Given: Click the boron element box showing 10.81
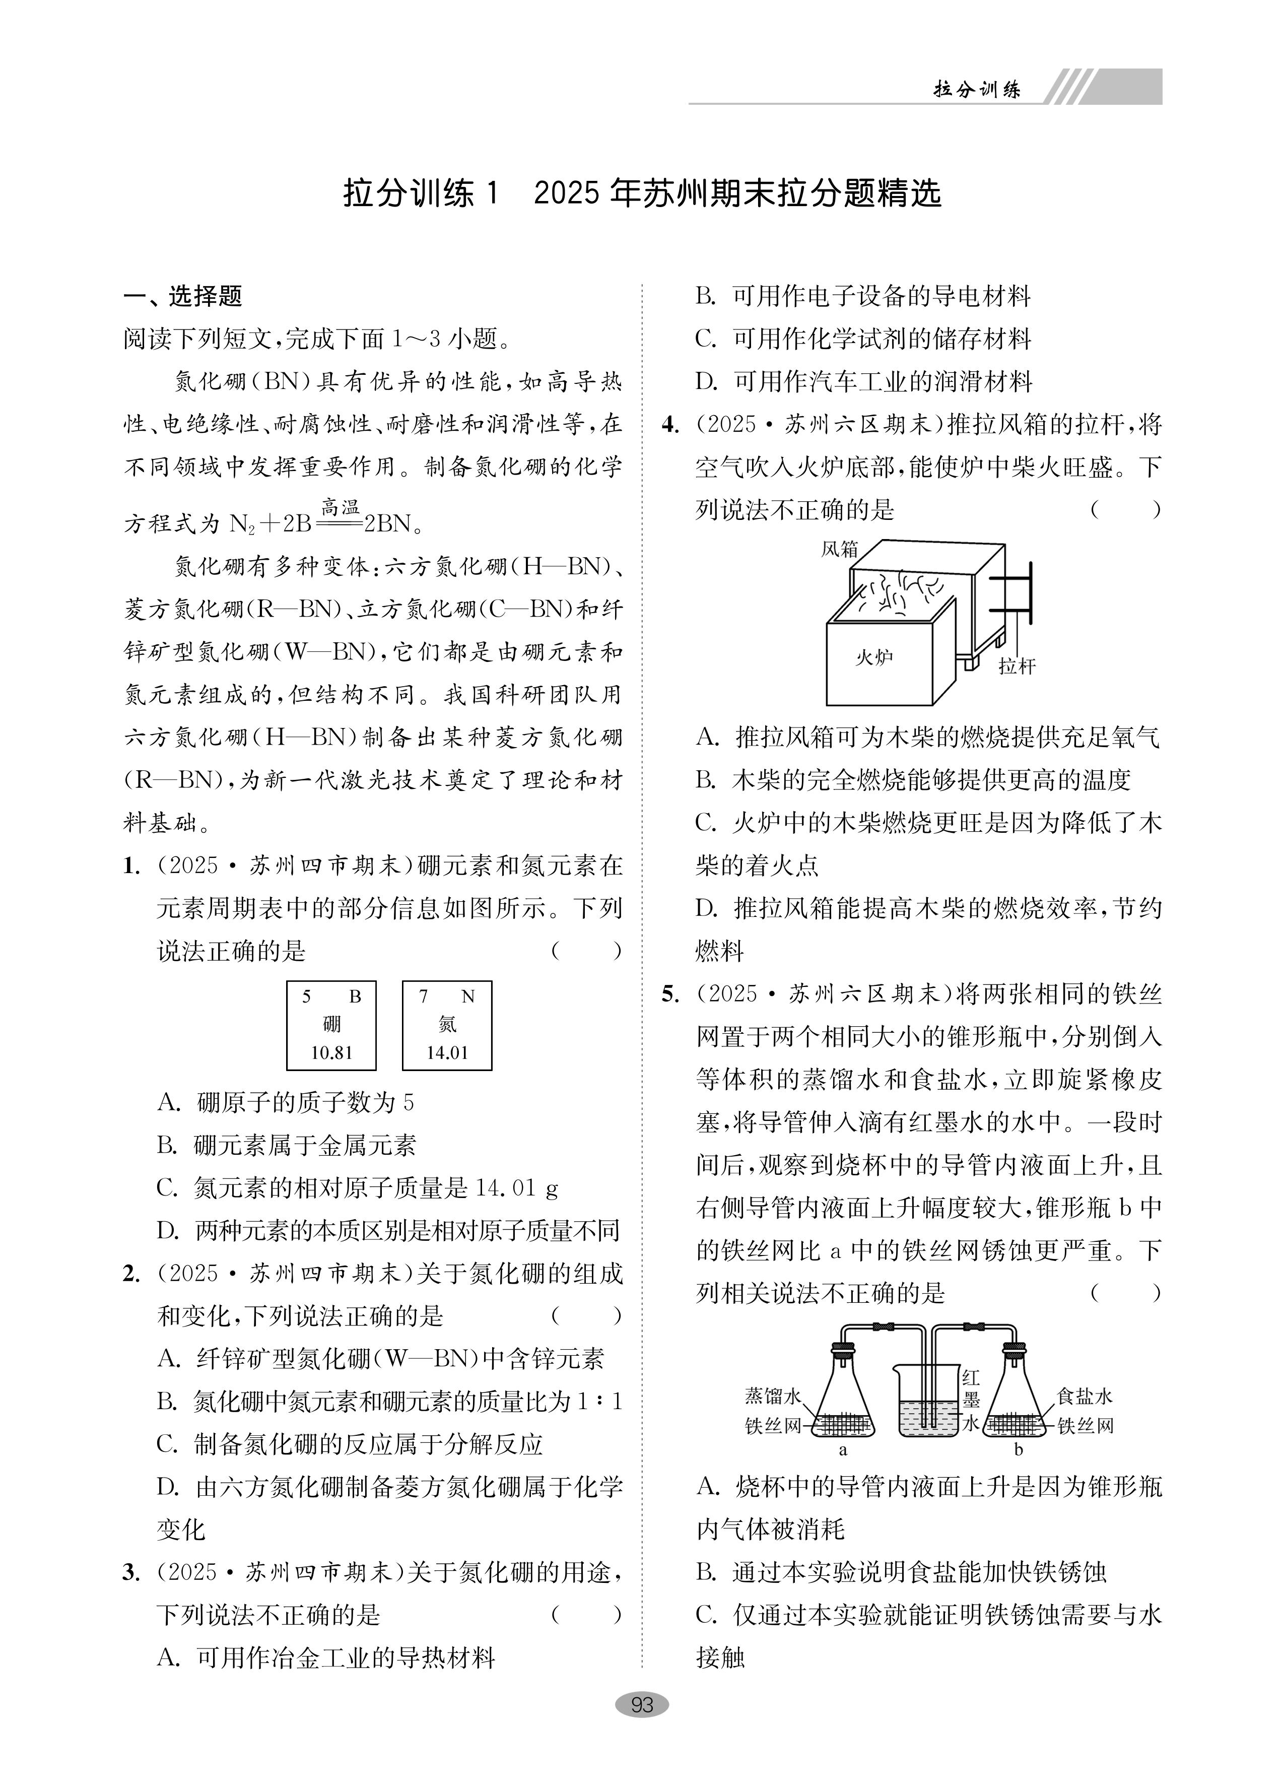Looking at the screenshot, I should (331, 1025).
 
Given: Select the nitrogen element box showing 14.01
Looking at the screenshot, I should (447, 1025).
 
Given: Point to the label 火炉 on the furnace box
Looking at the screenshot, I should (874, 656).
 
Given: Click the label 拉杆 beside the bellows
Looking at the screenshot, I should (1017, 666).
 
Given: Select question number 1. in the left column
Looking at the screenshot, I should (132, 867).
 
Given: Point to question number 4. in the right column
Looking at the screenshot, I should (670, 425).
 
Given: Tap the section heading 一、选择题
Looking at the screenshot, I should (182, 296).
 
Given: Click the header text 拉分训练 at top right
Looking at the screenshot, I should (977, 89).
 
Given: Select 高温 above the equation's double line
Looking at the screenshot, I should (341, 507).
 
